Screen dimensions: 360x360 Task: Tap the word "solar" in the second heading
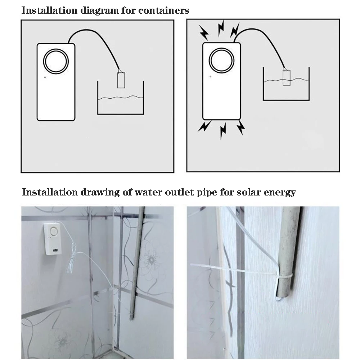(x=248, y=192)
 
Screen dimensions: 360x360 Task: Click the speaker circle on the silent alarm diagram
(x=55, y=60)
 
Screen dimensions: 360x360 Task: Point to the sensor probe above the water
(x=121, y=80)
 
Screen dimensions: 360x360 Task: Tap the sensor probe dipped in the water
(x=286, y=78)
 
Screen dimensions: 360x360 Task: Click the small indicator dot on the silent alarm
(x=45, y=77)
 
